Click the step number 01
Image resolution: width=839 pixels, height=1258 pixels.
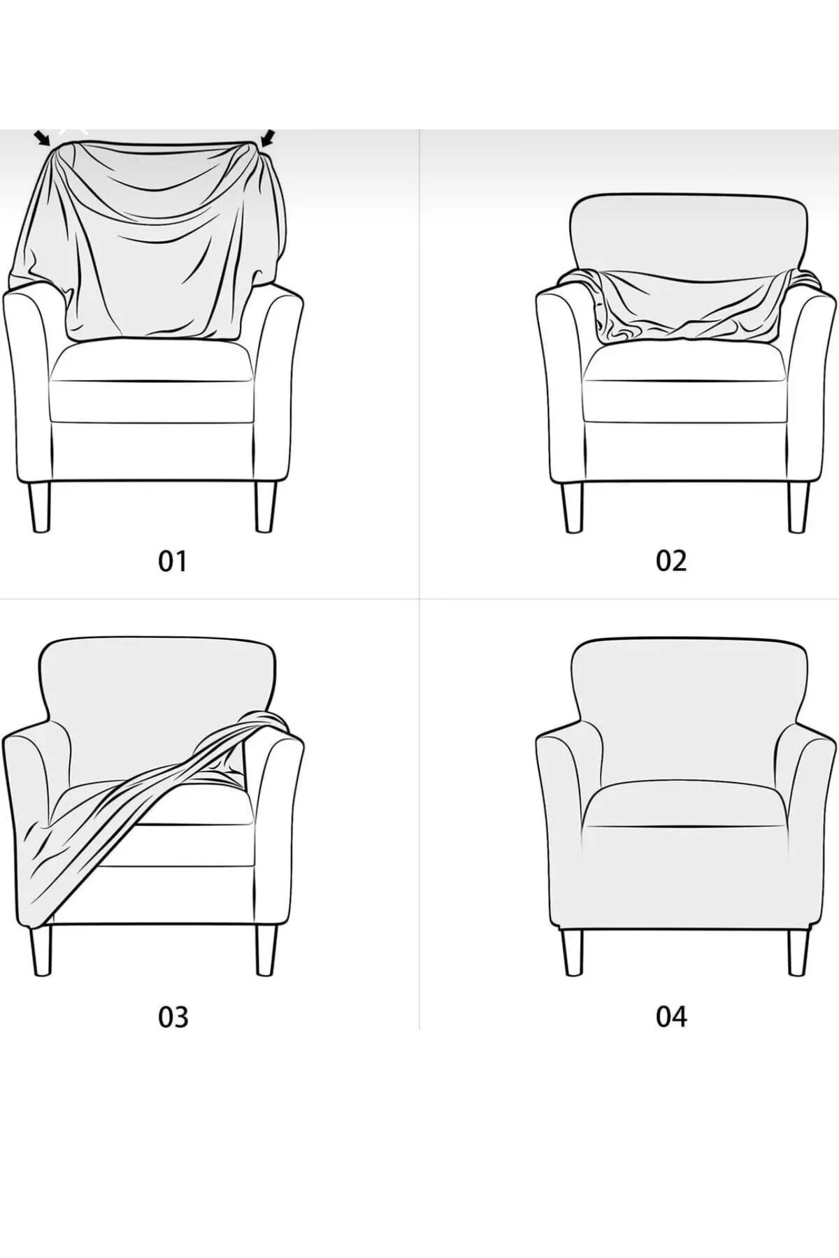(173, 561)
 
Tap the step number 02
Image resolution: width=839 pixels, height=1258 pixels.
(671, 561)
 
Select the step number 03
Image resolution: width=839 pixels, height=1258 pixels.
(173, 1017)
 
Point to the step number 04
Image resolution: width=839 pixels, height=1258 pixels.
(671, 1017)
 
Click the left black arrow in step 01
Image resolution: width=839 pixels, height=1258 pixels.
(43, 138)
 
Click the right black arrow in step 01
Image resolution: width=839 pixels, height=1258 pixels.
(268, 139)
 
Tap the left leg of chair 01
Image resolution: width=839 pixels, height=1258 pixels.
(39, 506)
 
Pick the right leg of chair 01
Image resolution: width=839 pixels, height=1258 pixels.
(266, 506)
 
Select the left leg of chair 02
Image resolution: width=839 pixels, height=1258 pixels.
(573, 507)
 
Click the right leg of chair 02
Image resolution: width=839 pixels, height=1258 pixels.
(798, 507)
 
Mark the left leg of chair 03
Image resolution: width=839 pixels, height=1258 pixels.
(41, 950)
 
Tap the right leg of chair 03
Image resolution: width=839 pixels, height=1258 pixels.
(266, 950)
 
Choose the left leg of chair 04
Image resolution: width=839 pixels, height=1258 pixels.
(573, 951)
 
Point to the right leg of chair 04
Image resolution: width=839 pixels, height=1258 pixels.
(799, 951)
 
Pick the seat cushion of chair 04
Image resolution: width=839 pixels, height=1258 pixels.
(686, 804)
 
